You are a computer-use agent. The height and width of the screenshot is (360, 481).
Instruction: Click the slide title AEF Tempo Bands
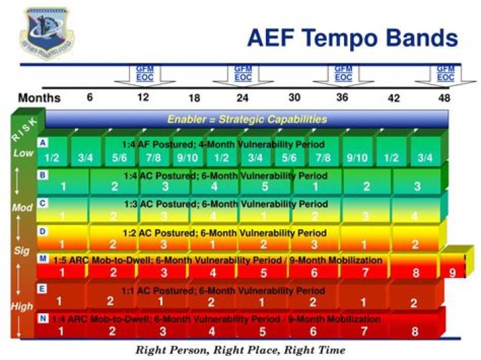352,37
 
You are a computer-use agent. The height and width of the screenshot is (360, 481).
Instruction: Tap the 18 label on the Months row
194,98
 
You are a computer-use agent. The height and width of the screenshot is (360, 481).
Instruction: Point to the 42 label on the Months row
393,98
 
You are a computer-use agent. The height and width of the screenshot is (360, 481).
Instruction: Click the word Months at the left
39,98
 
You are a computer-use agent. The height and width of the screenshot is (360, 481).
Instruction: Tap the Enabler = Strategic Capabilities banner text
247,120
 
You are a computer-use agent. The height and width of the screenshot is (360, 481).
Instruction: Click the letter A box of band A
43,143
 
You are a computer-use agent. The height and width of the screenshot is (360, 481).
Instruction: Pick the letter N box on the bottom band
43,318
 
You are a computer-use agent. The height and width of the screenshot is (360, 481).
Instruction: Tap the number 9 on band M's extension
452,272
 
